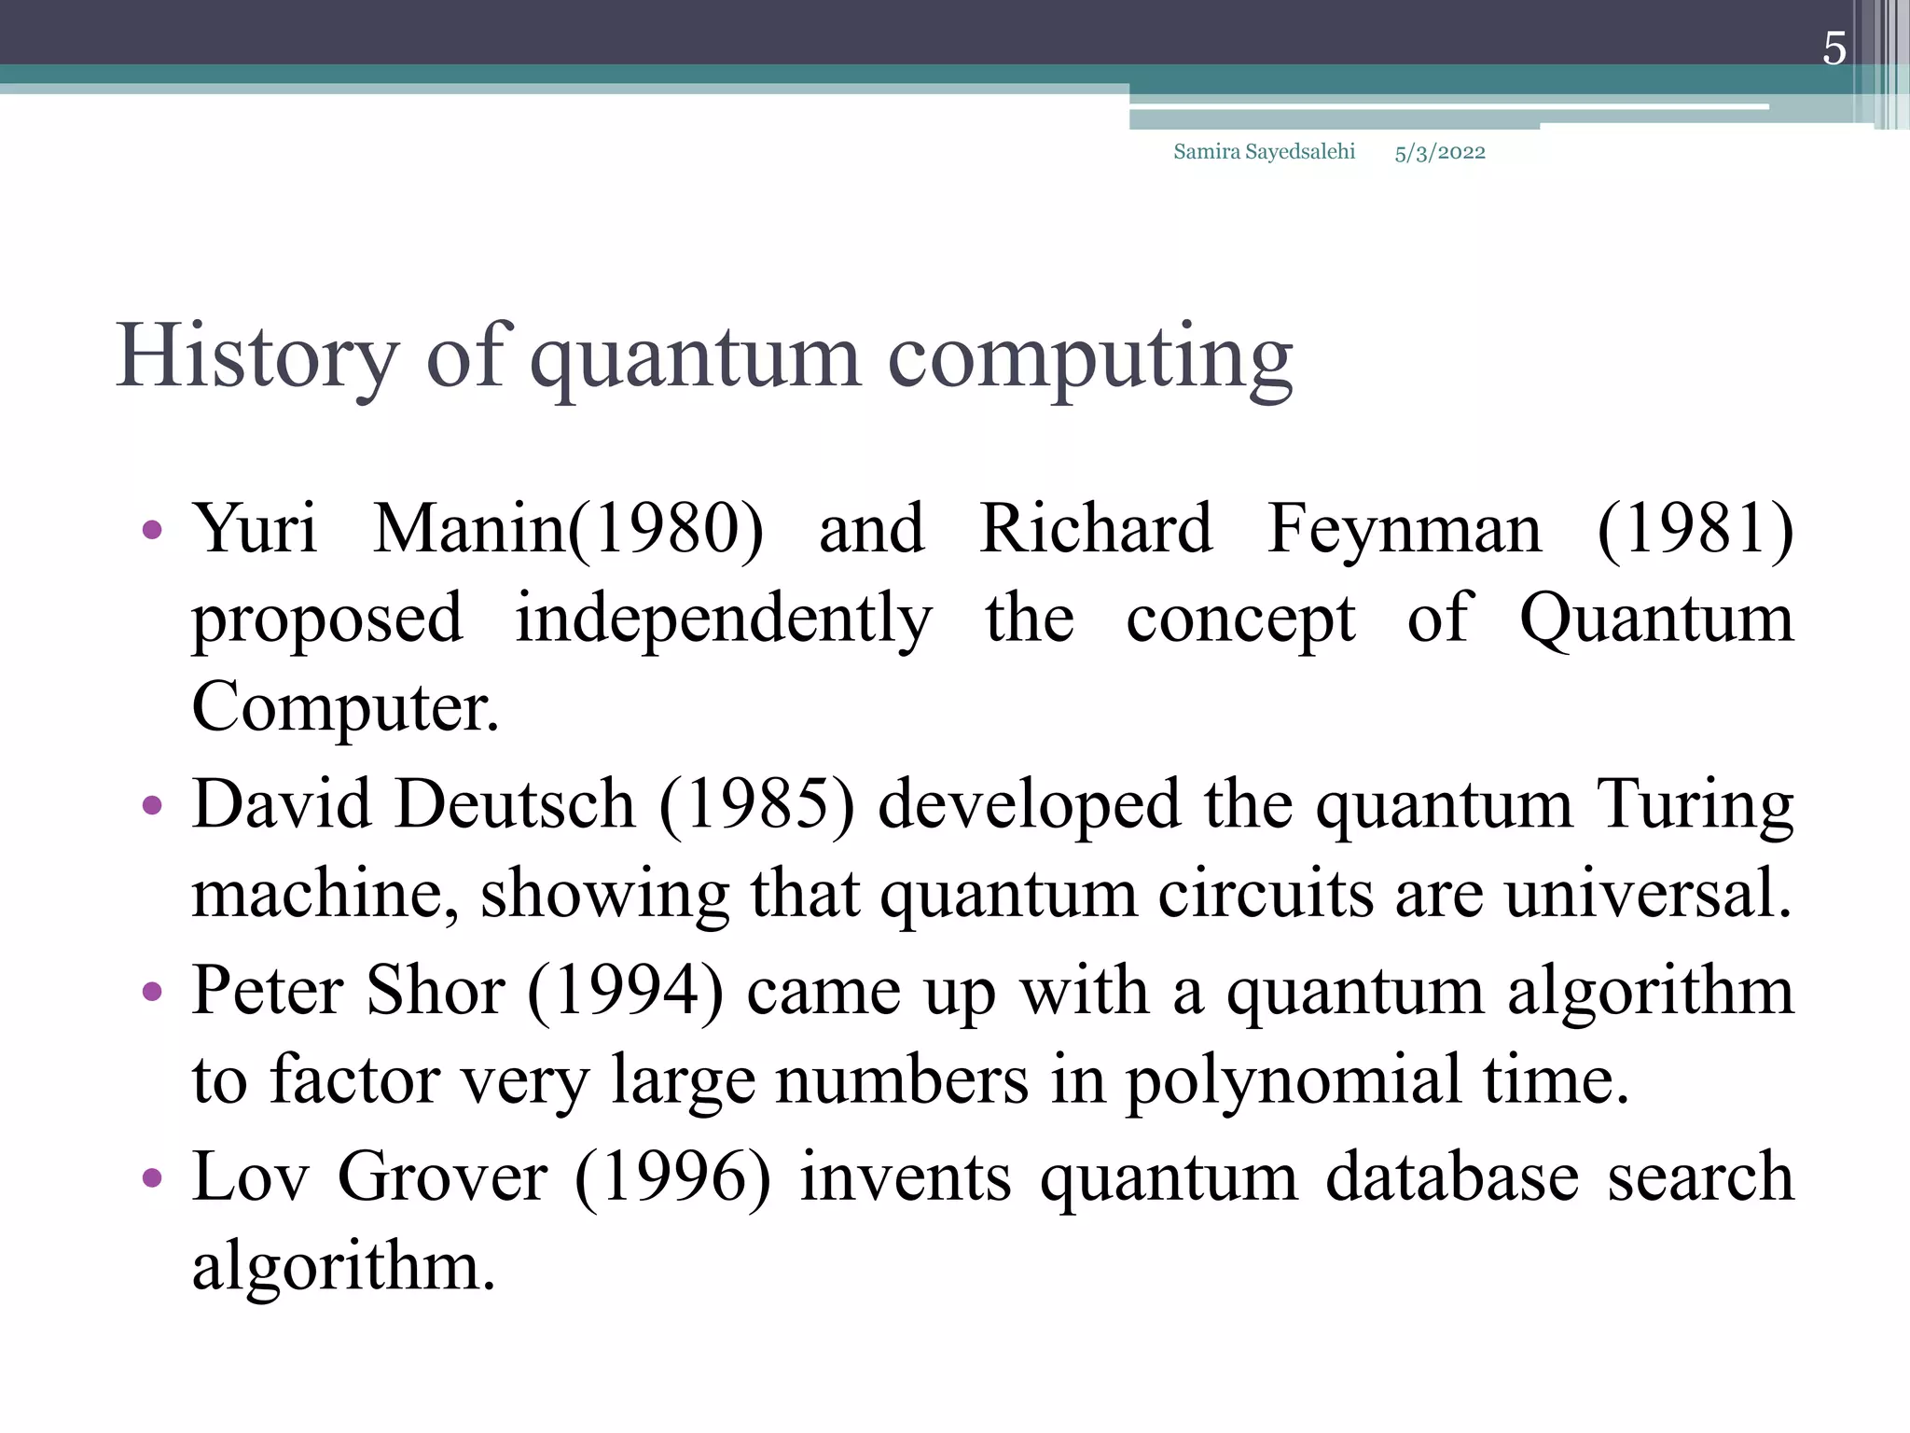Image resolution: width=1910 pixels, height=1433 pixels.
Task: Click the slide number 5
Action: (1834, 49)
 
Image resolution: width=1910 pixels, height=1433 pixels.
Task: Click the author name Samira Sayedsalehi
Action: (1264, 152)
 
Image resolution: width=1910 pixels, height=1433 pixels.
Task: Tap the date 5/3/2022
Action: (1440, 153)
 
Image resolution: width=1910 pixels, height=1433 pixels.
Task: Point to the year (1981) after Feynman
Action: (1695, 529)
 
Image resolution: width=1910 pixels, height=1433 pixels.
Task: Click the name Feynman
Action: (1404, 530)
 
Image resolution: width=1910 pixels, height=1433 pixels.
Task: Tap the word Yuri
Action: (255, 529)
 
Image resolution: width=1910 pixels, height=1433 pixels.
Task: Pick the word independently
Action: (723, 619)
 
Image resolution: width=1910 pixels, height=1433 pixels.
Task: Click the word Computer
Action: (345, 707)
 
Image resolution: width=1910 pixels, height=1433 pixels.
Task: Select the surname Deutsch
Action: (515, 803)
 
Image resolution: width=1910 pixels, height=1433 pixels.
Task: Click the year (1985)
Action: (756, 804)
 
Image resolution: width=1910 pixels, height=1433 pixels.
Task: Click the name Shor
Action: (436, 990)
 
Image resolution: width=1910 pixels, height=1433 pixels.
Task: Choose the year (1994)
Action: (625, 991)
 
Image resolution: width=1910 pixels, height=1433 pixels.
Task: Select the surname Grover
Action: (442, 1176)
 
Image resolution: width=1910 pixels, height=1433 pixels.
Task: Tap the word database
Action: (1451, 1176)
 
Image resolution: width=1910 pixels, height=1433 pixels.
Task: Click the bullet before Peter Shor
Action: (152, 992)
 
